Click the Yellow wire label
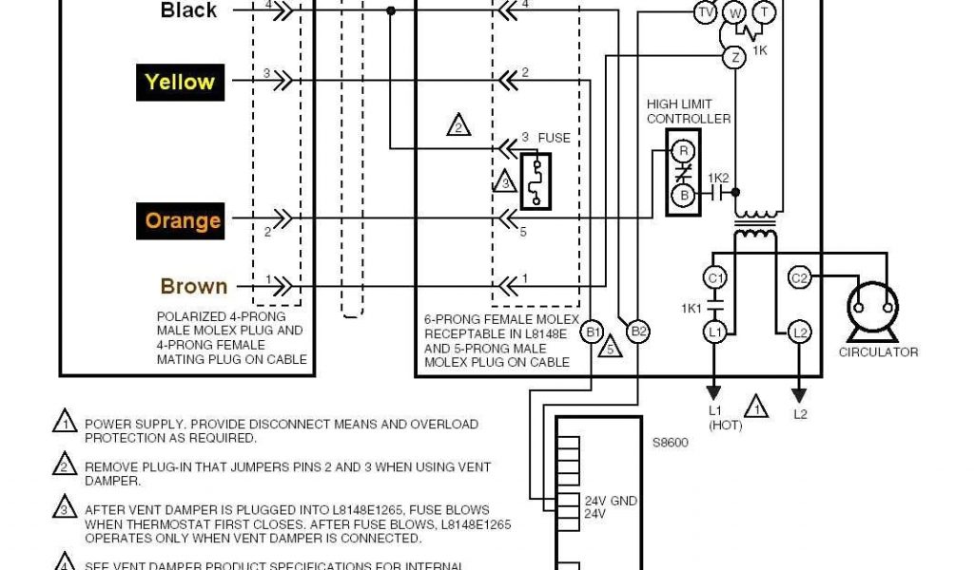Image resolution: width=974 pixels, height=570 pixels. click(x=180, y=82)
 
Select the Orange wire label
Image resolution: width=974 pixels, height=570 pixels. click(x=183, y=221)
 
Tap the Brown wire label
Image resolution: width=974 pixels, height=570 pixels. click(x=194, y=286)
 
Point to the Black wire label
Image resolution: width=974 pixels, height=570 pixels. click(x=189, y=10)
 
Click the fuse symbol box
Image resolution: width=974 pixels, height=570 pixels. click(x=536, y=180)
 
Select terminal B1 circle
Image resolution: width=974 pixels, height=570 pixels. click(x=593, y=332)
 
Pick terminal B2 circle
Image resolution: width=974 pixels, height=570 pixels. click(x=639, y=332)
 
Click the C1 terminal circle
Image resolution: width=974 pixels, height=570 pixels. click(x=714, y=278)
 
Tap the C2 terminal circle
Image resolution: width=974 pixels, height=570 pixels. click(x=800, y=278)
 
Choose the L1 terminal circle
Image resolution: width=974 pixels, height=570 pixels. click(x=714, y=332)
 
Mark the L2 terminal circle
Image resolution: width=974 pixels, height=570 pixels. click(x=800, y=332)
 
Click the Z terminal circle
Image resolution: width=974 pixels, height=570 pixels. click(x=733, y=57)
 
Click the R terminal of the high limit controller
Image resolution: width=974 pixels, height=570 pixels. click(x=681, y=150)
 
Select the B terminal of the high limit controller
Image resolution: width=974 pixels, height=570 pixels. click(x=681, y=196)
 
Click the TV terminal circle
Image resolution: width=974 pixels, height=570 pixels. click(x=705, y=12)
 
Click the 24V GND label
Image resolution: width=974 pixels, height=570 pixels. click(x=609, y=501)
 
